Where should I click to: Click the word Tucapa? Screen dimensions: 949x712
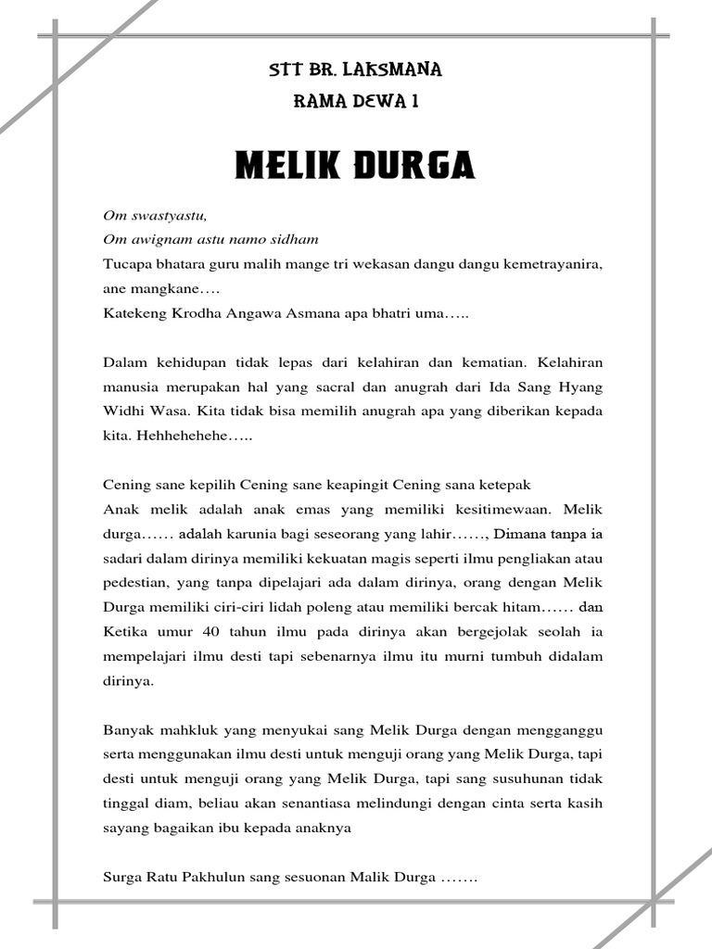[x=127, y=264]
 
